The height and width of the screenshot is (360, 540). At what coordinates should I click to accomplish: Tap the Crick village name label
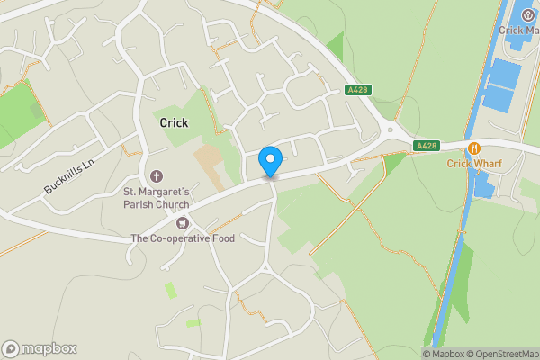(174, 122)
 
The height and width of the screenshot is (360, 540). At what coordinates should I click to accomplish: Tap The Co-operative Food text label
(183, 238)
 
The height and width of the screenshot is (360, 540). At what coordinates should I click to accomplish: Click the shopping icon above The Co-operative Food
(183, 222)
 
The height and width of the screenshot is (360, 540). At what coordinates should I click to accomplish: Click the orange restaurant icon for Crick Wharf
(472, 148)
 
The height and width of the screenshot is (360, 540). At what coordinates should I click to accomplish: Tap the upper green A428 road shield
(358, 90)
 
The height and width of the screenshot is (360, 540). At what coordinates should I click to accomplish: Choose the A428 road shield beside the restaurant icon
(426, 146)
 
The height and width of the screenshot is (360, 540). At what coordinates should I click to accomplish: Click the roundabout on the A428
(390, 130)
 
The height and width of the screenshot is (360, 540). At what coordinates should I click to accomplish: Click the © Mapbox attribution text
(444, 354)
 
